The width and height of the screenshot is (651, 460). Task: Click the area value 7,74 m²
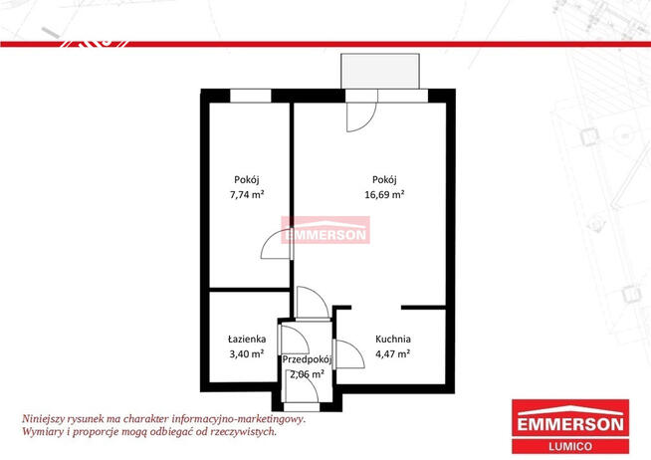click(x=247, y=194)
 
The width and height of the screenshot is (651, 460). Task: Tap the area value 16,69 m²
click(x=384, y=194)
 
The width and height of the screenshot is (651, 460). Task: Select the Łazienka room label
click(x=247, y=340)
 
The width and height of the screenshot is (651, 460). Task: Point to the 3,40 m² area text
click(x=247, y=353)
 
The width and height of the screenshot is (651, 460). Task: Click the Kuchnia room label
click(x=393, y=340)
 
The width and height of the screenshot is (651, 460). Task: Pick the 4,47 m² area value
click(x=393, y=353)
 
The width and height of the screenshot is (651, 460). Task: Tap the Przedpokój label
click(x=308, y=360)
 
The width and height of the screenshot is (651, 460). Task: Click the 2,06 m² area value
click(x=308, y=374)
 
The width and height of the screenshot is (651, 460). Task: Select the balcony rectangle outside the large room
click(x=380, y=71)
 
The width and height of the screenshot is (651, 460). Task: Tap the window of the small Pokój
click(x=251, y=96)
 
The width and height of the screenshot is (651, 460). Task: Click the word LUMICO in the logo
click(x=570, y=447)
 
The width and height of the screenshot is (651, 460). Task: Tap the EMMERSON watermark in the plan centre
click(x=325, y=230)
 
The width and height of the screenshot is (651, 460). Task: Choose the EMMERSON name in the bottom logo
click(x=570, y=424)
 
